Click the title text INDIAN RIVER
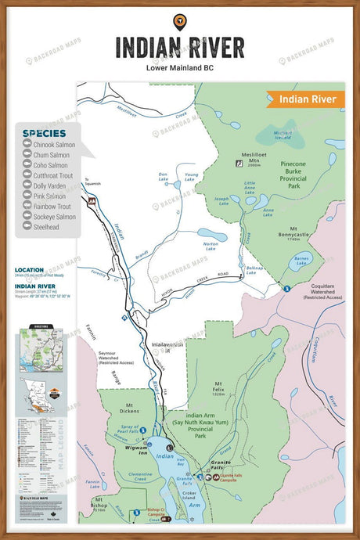(179, 46)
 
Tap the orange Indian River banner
(306, 99)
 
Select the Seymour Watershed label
(116, 358)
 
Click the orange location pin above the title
(179, 21)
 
